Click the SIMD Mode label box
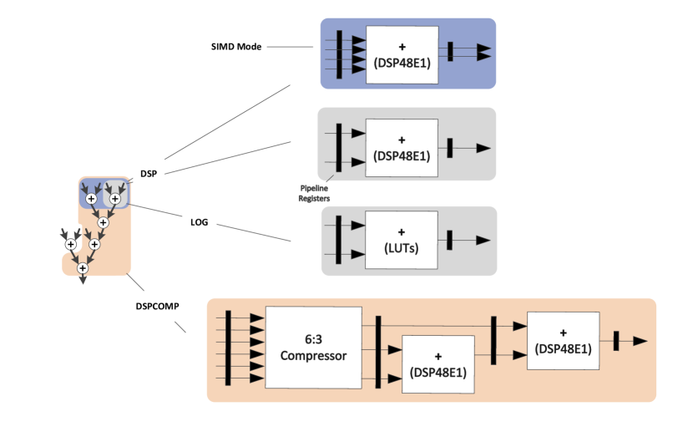coord(237,47)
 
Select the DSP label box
coord(148,173)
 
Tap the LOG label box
coord(199,222)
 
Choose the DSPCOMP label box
coord(157,305)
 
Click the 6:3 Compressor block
coord(313,348)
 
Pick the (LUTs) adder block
coord(402,241)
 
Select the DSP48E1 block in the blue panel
coord(402,54)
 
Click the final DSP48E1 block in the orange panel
coord(563,341)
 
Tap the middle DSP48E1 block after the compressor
coord(438,364)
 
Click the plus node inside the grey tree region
coord(114,199)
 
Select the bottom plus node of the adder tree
coord(83,268)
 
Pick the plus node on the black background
coord(70,244)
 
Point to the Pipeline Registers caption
coord(315,194)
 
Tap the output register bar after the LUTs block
coord(450,241)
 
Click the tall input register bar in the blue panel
coord(339,54)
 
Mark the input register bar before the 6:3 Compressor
coord(228,348)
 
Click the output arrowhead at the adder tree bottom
coord(83,281)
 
